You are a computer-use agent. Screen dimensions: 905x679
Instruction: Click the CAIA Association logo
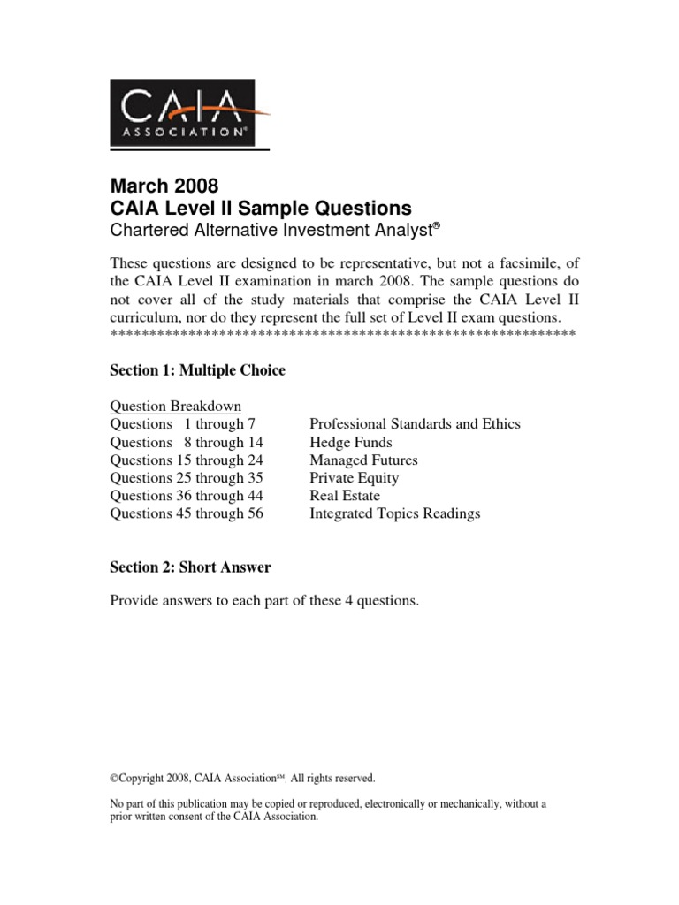pos(182,112)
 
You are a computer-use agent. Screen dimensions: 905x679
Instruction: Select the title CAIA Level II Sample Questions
pos(261,209)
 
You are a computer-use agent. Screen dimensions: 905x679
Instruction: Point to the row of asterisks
pos(342,333)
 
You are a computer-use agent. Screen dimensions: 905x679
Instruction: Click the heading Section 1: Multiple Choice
pos(197,370)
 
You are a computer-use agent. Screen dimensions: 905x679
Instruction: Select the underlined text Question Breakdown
pos(175,407)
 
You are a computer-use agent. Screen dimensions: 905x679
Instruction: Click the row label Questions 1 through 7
pos(182,424)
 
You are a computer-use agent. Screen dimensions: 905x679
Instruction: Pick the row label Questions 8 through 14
pos(186,442)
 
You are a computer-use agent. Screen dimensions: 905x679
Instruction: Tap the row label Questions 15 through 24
pos(186,460)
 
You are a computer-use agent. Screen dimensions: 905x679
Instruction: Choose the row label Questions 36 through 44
pos(186,496)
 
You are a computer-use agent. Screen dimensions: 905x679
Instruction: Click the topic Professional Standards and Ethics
pos(415,424)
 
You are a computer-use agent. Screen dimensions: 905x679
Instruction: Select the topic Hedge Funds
pos(350,442)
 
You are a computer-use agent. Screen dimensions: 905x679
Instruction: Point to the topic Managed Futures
pos(363,460)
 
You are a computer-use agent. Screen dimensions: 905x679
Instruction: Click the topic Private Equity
pos(354,478)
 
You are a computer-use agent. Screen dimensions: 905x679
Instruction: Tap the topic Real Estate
pos(345,496)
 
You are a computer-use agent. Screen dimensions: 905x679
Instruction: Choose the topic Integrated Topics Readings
pos(394,513)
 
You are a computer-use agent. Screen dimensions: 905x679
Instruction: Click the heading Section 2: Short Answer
pos(190,567)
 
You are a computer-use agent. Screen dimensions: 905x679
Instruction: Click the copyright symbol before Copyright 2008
pos(114,779)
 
